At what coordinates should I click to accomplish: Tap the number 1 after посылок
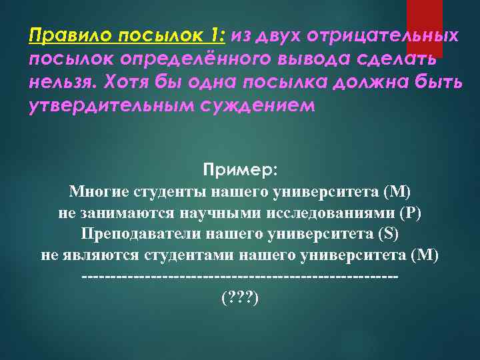[x=216, y=35]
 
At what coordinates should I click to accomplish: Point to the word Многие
[x=98, y=193]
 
